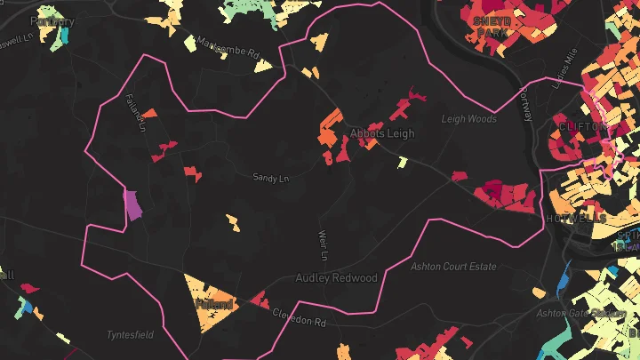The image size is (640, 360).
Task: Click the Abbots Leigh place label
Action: coord(382,133)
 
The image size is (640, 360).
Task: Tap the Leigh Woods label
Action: coord(468,118)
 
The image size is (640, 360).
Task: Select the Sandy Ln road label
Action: coord(271,179)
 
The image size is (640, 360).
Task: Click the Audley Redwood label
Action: coord(336,278)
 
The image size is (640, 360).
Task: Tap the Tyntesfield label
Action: coord(131,335)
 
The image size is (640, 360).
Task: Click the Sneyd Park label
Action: coord(491,27)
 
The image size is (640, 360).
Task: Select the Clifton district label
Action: coord(581,127)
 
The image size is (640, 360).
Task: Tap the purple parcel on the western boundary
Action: coord(132,204)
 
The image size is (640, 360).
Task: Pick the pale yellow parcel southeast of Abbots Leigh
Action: coord(402,163)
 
